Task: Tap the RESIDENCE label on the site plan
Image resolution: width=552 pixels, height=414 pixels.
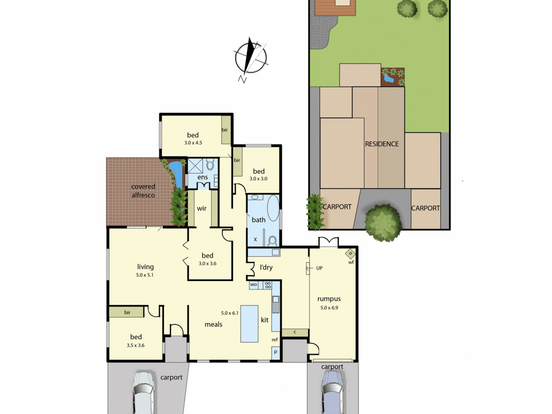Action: click(382, 144)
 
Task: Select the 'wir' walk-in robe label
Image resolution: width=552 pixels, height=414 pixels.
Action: click(202, 208)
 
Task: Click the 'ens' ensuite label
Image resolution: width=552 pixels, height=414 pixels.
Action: click(203, 177)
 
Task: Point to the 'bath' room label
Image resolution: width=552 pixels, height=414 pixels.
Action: click(259, 220)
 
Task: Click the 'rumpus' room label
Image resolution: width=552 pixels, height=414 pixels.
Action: click(329, 299)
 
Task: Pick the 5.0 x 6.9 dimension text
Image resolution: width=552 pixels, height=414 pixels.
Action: click(329, 308)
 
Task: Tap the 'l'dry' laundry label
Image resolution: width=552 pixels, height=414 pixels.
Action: click(266, 267)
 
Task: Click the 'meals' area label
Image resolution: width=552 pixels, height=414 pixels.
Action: click(213, 324)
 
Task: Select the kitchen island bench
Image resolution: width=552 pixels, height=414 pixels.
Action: click(249, 324)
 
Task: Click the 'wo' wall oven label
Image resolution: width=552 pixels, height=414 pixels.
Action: click(253, 285)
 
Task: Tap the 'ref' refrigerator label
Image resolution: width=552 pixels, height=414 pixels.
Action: click(275, 340)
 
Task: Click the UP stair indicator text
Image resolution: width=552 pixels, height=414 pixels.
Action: click(319, 268)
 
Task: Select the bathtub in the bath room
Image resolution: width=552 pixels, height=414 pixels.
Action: click(273, 208)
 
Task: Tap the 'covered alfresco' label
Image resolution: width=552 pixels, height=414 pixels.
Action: click(143, 191)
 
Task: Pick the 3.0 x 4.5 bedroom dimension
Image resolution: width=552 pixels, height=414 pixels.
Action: click(193, 143)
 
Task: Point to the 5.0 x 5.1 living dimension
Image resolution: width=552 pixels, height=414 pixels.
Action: click(145, 275)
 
